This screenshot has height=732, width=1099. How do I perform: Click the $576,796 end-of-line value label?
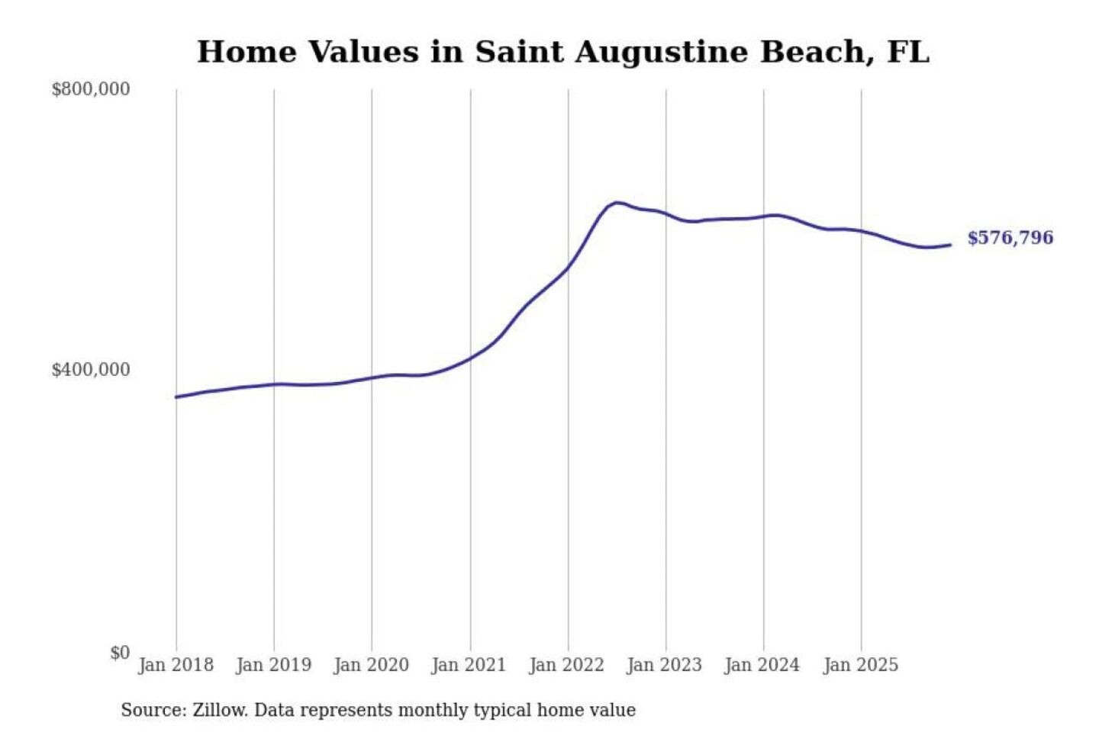1010,238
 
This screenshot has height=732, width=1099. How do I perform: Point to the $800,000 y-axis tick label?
90,89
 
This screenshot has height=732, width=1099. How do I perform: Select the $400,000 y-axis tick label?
90,370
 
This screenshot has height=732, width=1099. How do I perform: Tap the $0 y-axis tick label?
119,653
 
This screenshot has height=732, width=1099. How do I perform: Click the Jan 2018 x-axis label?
176,665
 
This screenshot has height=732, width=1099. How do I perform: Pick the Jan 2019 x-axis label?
273,665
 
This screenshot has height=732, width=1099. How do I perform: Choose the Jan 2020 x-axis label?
371,665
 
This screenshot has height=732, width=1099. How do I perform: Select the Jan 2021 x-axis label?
469,665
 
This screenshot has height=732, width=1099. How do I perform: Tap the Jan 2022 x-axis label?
566,665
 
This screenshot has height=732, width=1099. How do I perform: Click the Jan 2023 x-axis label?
664,665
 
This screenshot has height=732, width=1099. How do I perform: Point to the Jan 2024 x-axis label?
762,665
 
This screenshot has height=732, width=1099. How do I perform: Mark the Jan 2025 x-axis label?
860,665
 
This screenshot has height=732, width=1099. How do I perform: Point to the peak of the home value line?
617,203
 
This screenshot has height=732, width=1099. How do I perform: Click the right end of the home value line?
950,245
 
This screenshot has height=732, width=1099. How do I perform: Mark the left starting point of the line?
176,396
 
